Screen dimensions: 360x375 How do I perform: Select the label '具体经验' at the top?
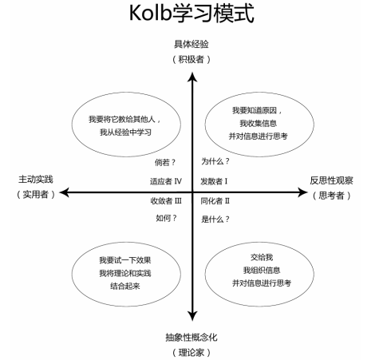(x=192, y=45)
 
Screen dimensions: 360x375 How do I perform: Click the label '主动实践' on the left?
(x=35, y=180)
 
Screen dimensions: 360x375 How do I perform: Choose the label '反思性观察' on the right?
(x=331, y=180)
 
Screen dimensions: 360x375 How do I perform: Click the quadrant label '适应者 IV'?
(x=166, y=181)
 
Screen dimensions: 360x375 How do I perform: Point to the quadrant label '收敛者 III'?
(x=166, y=200)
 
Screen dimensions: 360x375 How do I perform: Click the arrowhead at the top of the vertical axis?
(x=192, y=76)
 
